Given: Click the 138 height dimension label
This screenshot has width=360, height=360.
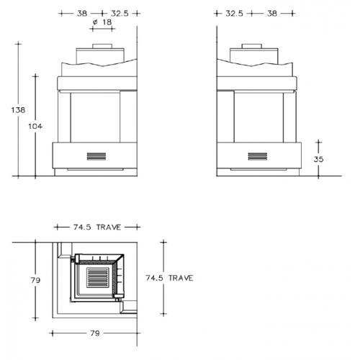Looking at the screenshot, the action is (x=18, y=110).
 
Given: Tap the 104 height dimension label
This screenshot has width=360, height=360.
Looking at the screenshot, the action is (x=35, y=126).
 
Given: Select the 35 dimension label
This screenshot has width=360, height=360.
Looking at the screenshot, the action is (x=318, y=159).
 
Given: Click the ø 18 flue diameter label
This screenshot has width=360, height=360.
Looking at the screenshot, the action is (x=102, y=22).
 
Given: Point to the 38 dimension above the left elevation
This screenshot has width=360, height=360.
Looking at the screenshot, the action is (x=82, y=14).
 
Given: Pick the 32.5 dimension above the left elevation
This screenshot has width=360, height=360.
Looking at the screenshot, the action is (x=120, y=14).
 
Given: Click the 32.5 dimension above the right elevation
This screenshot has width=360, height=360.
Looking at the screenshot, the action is (x=234, y=14).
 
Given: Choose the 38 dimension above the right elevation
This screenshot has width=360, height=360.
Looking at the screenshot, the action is (x=272, y=14).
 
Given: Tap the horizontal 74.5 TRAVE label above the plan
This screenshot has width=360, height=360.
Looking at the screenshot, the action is (x=97, y=227).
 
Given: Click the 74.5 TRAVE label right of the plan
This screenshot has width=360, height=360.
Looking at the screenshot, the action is (x=169, y=278).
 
